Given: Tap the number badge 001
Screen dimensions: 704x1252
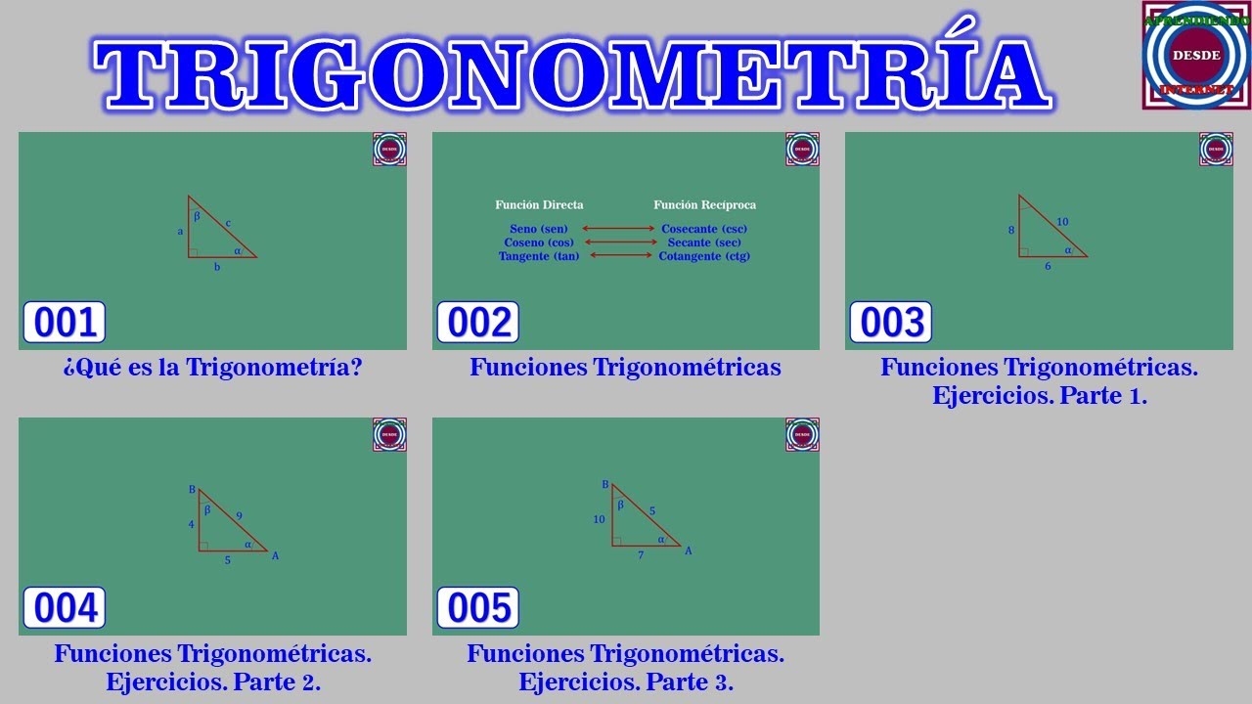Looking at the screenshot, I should (x=65, y=323).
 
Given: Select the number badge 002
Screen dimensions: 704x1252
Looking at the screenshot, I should (x=478, y=323).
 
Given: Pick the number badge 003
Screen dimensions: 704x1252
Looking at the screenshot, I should (x=891, y=323).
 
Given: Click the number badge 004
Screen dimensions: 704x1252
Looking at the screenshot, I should (x=65, y=608).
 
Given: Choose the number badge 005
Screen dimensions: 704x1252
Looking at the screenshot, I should (x=478, y=608).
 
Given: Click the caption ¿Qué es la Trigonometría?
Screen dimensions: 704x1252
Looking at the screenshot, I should (x=212, y=368).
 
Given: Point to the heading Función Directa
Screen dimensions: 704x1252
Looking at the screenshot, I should (x=539, y=205).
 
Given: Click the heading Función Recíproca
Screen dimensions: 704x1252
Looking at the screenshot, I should (x=704, y=205).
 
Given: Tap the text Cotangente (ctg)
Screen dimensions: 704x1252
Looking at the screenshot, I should (x=704, y=256).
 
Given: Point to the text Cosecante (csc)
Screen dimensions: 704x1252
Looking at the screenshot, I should (x=704, y=229).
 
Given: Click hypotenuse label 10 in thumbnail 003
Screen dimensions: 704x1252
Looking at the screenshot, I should (x=1062, y=222).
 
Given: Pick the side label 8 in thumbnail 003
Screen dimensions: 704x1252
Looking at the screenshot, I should (x=1011, y=231).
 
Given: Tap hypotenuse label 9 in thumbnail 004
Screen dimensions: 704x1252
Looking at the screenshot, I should (x=240, y=515).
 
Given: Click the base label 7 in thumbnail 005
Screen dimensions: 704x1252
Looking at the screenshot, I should (x=641, y=555).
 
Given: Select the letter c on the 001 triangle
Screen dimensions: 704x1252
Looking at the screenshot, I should (x=229, y=222).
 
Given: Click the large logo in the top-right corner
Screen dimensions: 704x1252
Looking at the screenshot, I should (x=1195, y=55).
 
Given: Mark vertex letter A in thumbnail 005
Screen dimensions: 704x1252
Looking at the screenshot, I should (x=689, y=551).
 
